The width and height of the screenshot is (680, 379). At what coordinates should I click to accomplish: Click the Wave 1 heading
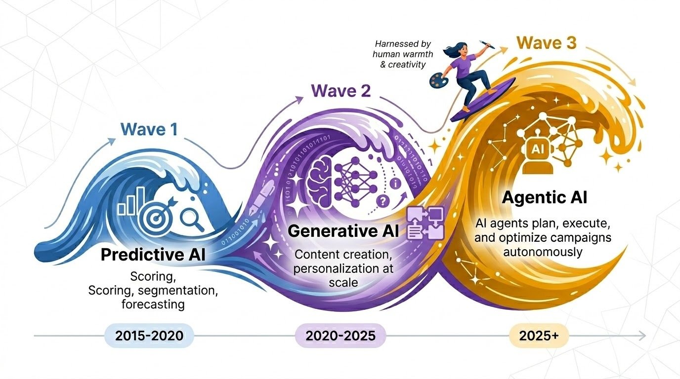coord(149,130)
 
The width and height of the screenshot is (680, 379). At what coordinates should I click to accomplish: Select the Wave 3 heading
coord(547,43)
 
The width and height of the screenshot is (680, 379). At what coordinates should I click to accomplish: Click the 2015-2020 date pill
coord(149,336)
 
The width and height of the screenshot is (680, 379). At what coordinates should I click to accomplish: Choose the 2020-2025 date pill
coord(340,336)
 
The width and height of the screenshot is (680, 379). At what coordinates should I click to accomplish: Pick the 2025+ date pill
coord(539,336)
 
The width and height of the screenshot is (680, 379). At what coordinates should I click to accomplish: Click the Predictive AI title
coord(153,255)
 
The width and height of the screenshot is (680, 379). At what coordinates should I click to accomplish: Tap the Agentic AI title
coord(545,198)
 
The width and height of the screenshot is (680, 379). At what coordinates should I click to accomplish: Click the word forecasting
coord(153,304)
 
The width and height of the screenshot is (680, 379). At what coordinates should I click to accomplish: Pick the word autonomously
coord(544,252)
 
